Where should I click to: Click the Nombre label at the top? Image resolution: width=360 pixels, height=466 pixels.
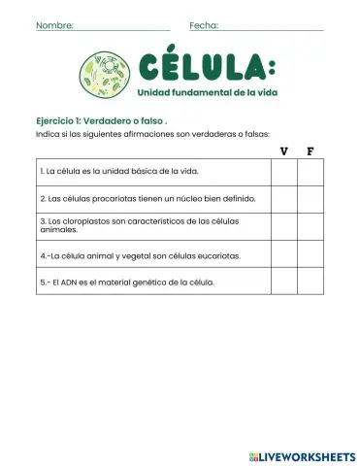click(53, 25)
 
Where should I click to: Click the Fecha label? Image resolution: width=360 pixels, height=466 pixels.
click(204, 25)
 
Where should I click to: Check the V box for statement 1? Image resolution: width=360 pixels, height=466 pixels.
click(283, 172)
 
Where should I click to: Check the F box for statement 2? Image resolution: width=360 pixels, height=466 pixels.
click(310, 199)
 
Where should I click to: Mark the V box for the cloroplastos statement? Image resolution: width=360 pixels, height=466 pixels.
click(283, 227)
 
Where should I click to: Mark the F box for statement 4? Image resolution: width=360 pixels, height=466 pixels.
click(310, 255)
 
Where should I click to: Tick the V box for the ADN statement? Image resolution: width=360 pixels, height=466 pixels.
click(283, 282)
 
